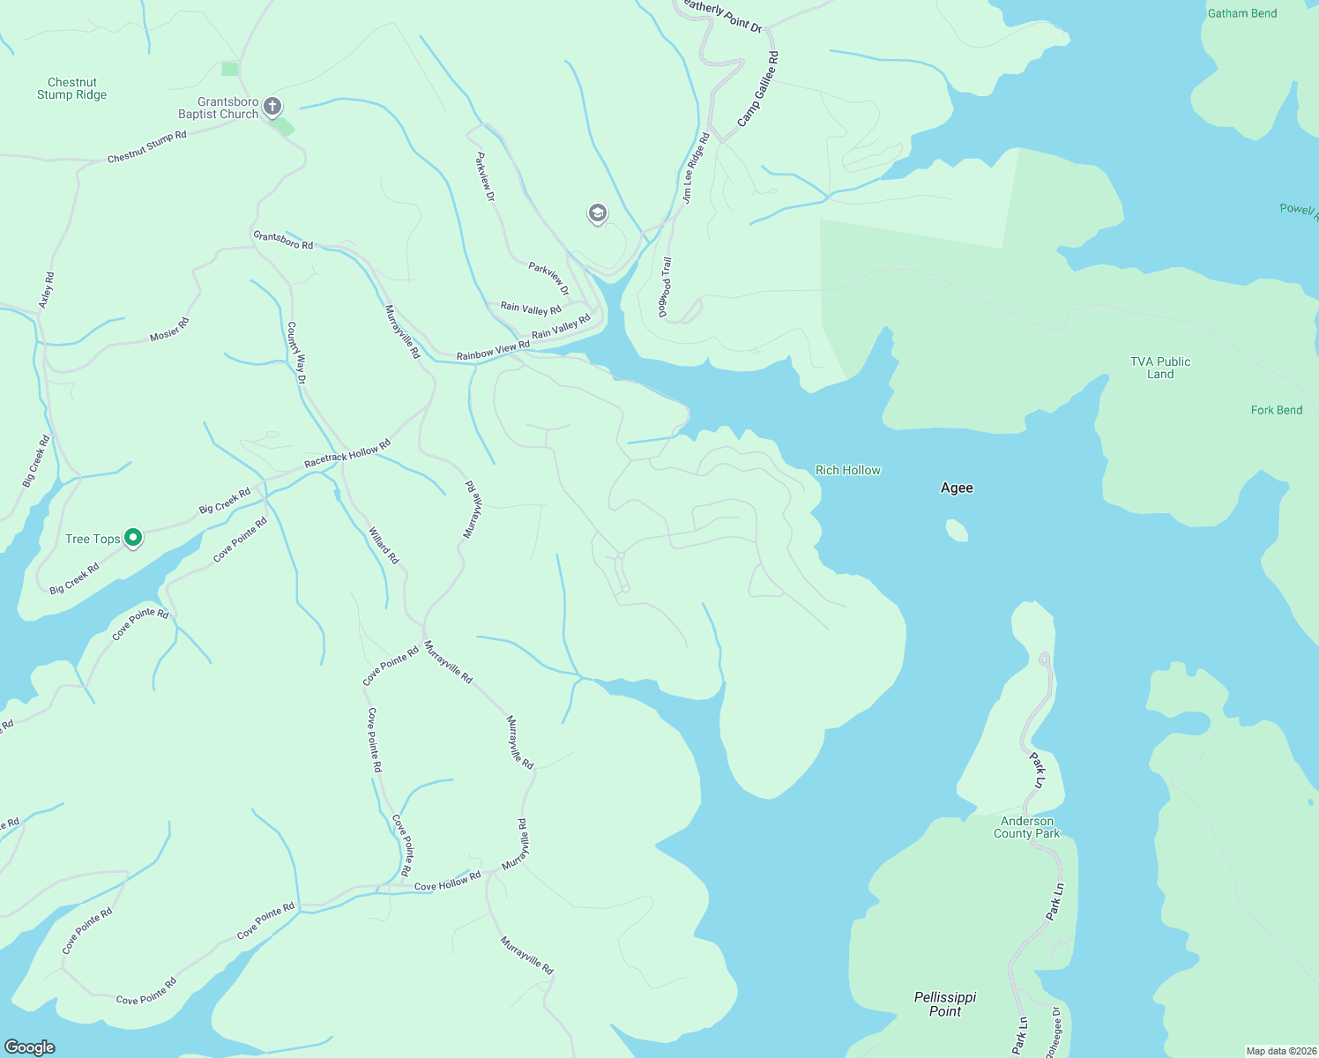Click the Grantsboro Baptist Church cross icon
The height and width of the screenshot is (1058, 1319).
[x=272, y=108]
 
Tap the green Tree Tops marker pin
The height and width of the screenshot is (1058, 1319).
[x=133, y=537]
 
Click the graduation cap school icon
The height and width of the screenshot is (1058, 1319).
[x=598, y=213]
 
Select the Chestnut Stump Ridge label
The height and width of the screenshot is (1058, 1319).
[x=71, y=89]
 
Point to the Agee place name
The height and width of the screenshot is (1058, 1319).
[x=957, y=488]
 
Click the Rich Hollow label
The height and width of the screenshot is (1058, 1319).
[x=847, y=471]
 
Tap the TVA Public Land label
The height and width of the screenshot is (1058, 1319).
[x=1159, y=368]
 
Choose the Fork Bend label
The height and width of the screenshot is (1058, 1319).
[x=1276, y=411]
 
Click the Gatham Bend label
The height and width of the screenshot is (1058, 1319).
[x=1241, y=14]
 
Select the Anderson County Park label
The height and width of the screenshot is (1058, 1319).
[x=1026, y=827]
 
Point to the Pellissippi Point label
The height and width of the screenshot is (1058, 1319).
[x=945, y=1004]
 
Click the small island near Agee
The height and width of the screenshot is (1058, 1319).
[x=957, y=531]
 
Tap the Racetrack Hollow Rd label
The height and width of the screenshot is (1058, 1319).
[x=347, y=456]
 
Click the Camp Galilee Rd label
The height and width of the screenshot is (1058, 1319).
[x=758, y=89]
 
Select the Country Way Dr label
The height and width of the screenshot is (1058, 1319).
[x=296, y=353]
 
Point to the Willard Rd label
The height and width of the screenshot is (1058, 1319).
[x=384, y=546]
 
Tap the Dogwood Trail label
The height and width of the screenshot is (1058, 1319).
[x=666, y=287]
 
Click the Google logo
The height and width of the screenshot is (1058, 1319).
[x=30, y=1047]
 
